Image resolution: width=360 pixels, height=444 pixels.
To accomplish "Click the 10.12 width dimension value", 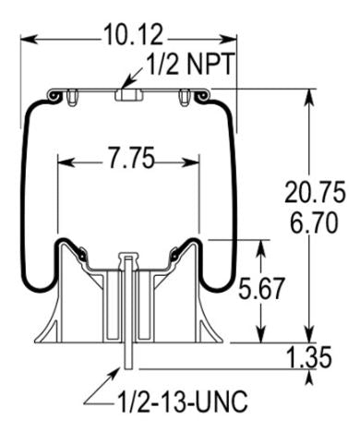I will [129, 36].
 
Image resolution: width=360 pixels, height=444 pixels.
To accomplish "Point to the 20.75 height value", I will [315, 193].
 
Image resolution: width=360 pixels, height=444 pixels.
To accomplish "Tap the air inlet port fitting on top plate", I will [128, 94].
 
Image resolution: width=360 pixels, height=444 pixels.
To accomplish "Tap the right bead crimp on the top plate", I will [198, 94].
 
